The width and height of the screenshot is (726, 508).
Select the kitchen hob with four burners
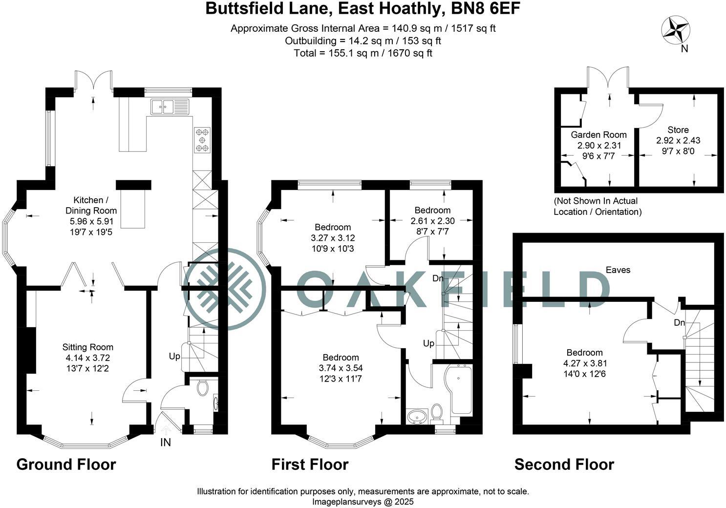pyautogui.click(x=202, y=140)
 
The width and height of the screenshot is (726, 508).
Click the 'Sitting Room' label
pyautogui.click(x=88, y=347)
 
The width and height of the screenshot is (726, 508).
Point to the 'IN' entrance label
pyautogui.click(x=166, y=443)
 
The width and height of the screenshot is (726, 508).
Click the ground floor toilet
pyautogui.click(x=203, y=388)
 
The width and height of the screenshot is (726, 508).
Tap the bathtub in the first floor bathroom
pyautogui.click(x=461, y=391)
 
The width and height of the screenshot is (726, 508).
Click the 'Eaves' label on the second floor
pyautogui.click(x=618, y=270)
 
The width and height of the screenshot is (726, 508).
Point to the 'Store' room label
pyautogui.click(x=678, y=129)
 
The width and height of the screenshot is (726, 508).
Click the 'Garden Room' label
pyautogui.click(x=599, y=134)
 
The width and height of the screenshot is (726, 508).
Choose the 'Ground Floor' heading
pyautogui.click(x=66, y=464)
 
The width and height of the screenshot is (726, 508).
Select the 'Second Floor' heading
pyautogui.click(x=564, y=464)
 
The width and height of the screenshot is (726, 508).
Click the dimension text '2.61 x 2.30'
pyautogui.click(x=430, y=221)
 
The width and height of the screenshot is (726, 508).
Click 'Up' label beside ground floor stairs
pyautogui.click(x=174, y=356)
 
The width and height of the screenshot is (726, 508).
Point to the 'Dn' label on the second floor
pyautogui.click(x=679, y=323)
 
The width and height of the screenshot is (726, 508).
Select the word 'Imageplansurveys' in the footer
pyautogui.click(x=343, y=502)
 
